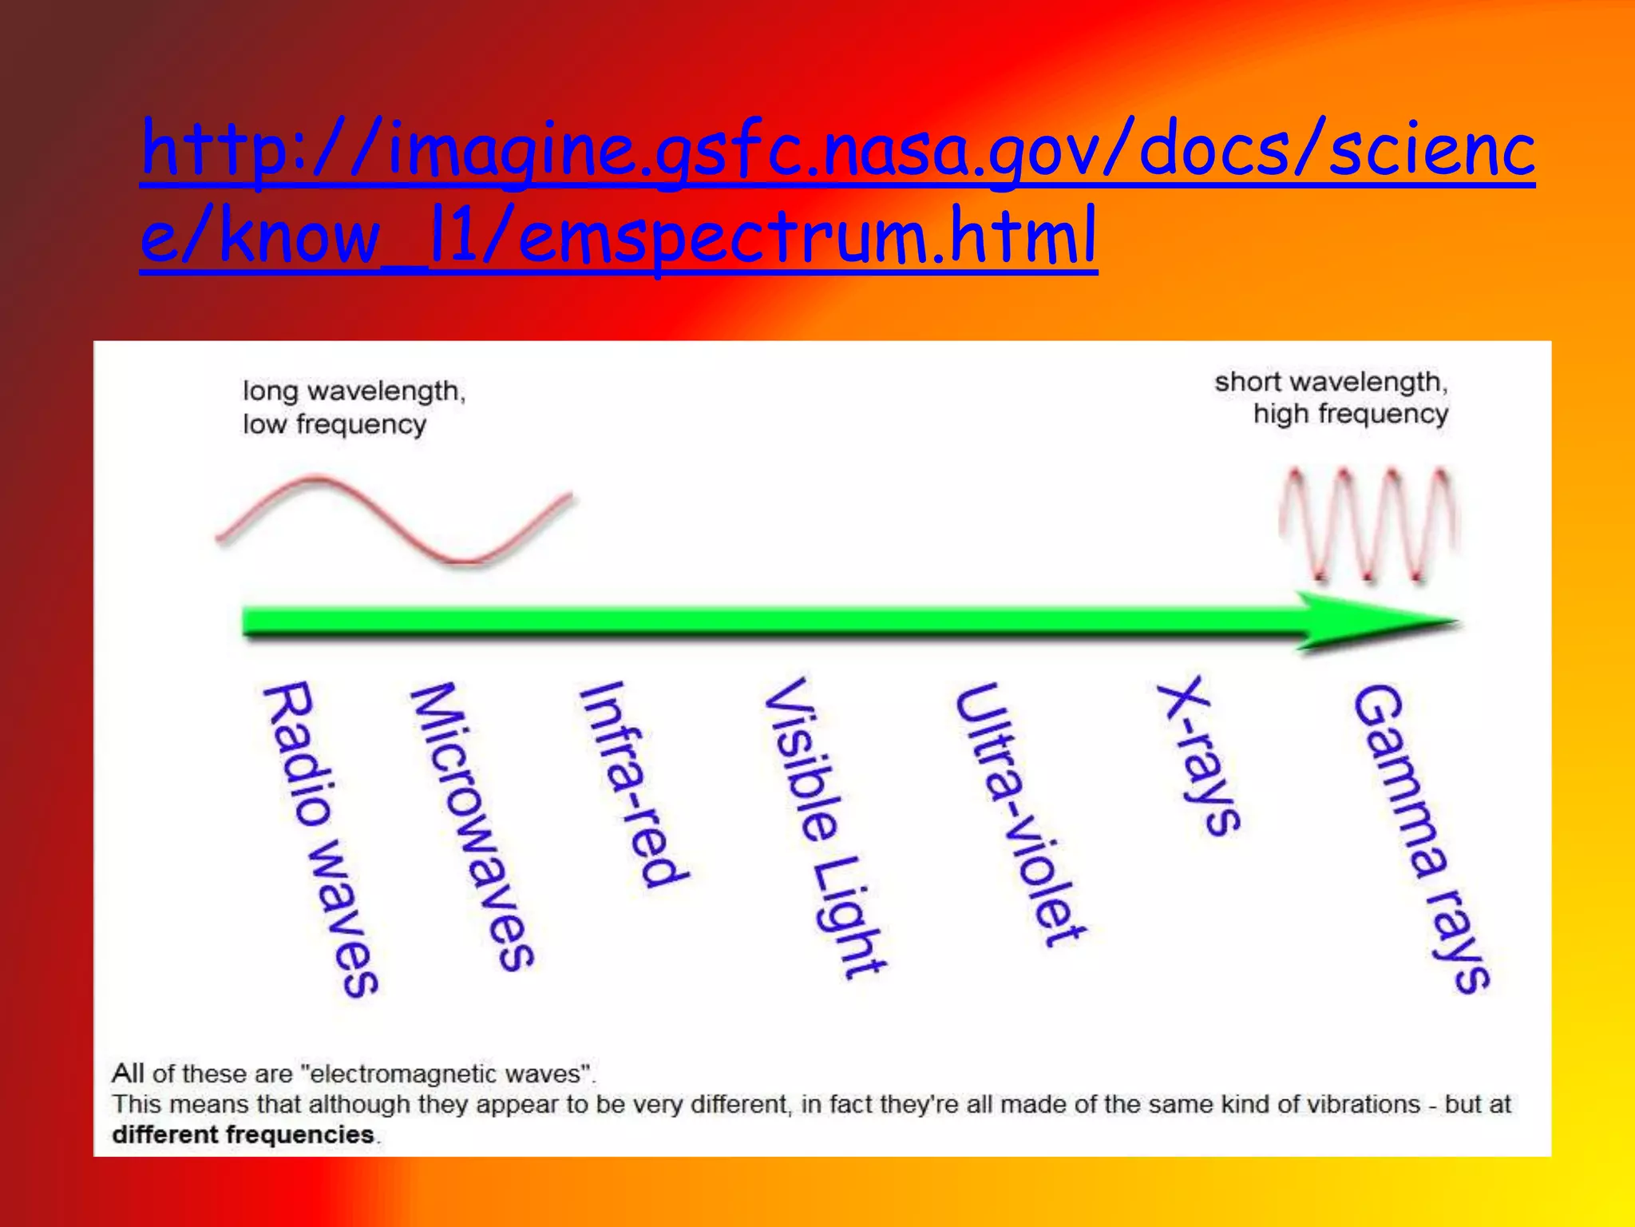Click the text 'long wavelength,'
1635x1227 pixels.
354,391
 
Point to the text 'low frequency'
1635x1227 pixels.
335,424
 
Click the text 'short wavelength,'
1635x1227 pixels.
1331,382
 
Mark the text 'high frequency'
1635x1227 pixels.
1350,414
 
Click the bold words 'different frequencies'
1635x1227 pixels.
243,1134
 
